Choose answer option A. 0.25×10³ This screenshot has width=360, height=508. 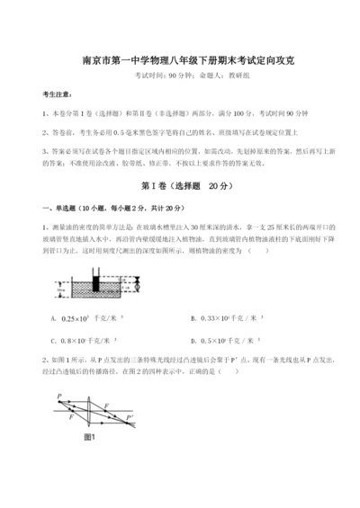pos(86,318)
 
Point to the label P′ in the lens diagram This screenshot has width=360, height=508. pos(130,420)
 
